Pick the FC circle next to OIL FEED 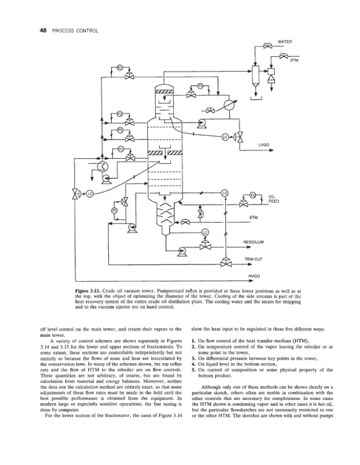click(253, 194)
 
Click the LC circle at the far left click(90, 194)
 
